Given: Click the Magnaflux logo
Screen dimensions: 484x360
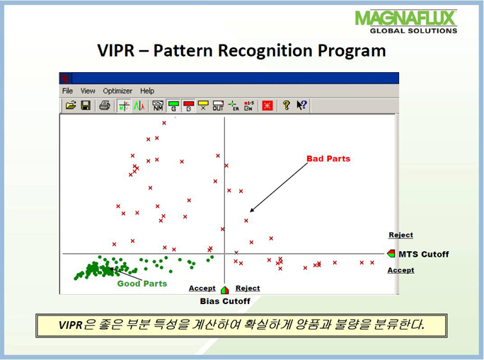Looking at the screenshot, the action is [405, 22].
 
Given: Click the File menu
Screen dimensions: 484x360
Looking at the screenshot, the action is [67, 91].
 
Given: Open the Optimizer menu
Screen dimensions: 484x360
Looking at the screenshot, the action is [117, 91].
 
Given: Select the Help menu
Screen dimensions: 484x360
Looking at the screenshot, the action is [147, 91].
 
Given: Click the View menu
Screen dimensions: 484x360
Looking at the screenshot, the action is [88, 91].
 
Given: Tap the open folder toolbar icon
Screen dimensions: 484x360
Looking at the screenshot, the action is [71, 105].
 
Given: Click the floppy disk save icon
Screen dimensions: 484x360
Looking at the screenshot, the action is [86, 105].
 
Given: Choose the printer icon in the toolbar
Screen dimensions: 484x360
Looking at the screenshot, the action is [105, 105].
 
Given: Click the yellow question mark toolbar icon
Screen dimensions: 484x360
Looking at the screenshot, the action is [287, 105].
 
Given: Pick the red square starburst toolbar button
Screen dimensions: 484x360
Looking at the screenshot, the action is [267, 105].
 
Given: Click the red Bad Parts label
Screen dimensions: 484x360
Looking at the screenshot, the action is [328, 158].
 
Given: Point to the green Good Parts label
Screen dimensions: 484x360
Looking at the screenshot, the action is [142, 284].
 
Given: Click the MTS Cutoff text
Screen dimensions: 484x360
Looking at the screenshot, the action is [423, 254].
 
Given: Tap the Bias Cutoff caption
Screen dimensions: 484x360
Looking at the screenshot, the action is [225, 301].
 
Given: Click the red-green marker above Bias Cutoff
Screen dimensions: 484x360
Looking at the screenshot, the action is [225, 290].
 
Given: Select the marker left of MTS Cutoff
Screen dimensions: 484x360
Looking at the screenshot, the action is [391, 254].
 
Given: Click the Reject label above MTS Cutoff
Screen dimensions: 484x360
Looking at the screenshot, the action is [401, 235].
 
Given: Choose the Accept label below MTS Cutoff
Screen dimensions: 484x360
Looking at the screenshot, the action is [401, 270].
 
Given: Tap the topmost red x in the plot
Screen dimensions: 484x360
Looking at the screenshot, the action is [164, 123].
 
